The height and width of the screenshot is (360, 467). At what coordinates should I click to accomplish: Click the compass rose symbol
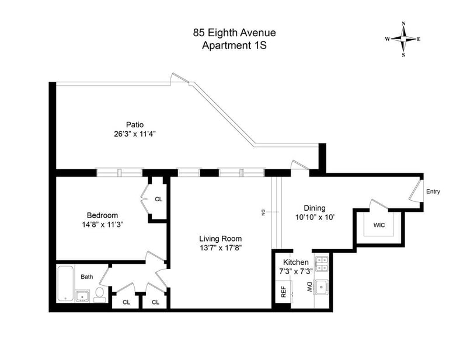point(403,39)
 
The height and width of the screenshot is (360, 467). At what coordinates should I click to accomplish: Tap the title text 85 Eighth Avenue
point(234,33)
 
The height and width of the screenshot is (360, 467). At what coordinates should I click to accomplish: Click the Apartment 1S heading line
point(234,46)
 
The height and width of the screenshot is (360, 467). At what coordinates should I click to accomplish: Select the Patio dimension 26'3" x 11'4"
point(135,134)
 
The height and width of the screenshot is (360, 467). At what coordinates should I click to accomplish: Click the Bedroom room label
point(103,215)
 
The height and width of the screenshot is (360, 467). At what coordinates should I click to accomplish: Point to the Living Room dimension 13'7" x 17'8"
point(221,248)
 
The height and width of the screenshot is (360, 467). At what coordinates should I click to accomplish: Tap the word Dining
point(315,208)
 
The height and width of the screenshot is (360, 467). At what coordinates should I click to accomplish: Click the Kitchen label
point(296,263)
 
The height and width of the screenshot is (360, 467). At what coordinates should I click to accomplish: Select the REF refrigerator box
point(283,292)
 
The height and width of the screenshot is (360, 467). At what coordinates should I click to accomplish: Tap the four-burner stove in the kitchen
point(322,264)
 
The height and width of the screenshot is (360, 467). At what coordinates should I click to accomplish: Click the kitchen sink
point(322,287)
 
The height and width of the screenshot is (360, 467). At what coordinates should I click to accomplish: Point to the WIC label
point(379,225)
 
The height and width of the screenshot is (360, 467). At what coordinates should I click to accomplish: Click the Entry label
point(433,191)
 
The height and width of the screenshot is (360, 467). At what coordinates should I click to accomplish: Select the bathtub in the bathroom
point(66,283)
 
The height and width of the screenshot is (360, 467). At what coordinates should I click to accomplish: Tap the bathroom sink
point(82,296)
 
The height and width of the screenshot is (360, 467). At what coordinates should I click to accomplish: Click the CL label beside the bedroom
point(158,199)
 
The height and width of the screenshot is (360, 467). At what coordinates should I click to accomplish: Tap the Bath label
point(87,277)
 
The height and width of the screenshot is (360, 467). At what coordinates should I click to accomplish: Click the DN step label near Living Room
point(263,212)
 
